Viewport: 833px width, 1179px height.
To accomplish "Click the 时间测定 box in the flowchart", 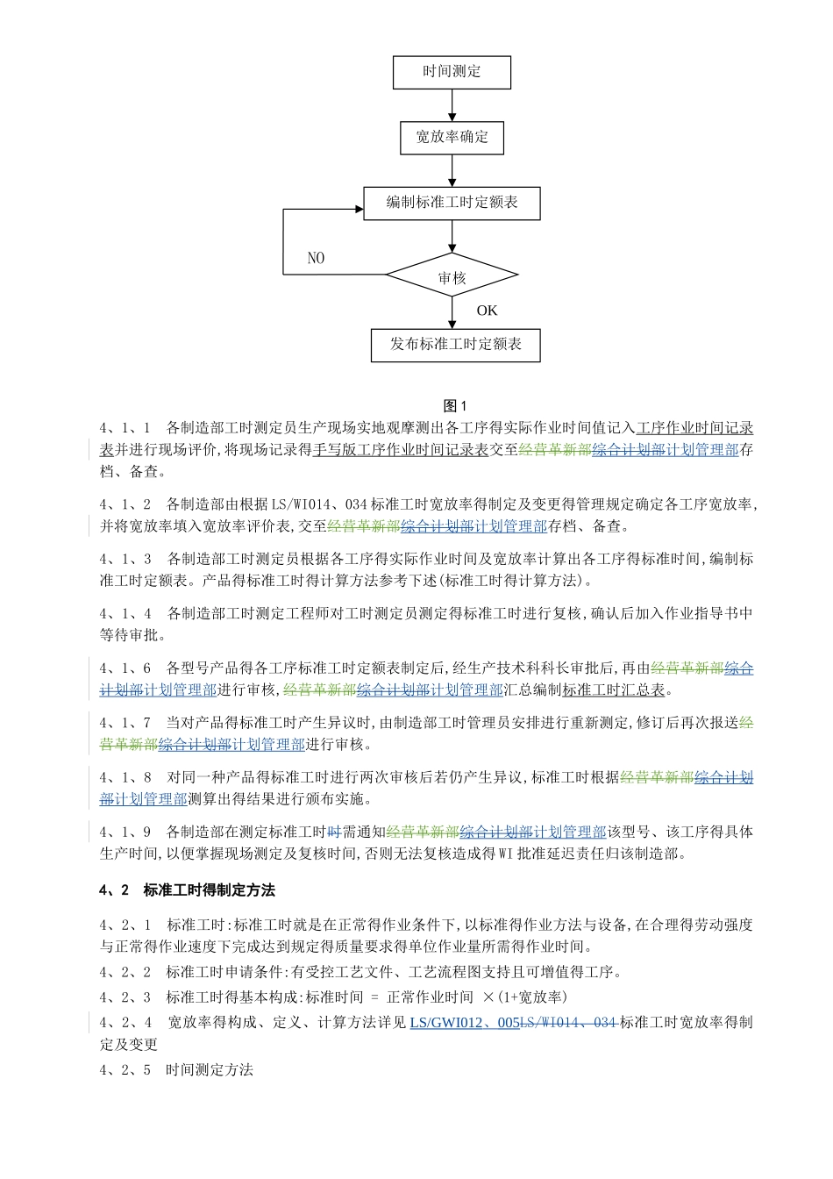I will pos(452,72).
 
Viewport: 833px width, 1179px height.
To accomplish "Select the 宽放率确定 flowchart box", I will pos(452,138).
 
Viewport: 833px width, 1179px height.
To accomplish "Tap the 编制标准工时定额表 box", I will pos(452,203).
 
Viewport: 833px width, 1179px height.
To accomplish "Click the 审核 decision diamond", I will pos(452,277).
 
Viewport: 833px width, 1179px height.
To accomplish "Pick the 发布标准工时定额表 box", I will pos(455,345).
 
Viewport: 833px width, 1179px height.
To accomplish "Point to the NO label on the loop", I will pos(316,258).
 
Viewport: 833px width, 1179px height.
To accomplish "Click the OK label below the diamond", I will pos(487,311).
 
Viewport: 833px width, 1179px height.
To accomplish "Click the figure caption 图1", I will pos(455,405).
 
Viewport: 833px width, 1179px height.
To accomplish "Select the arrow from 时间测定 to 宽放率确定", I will pos(452,105).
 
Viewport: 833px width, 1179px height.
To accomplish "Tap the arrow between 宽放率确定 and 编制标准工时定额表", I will pos(452,170).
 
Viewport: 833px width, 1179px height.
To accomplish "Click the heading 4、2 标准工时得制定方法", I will pos(188,890).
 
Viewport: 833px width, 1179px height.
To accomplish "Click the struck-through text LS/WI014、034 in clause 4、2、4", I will pos(569,1022).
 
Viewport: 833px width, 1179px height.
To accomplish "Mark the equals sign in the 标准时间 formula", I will pos(374,997).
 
